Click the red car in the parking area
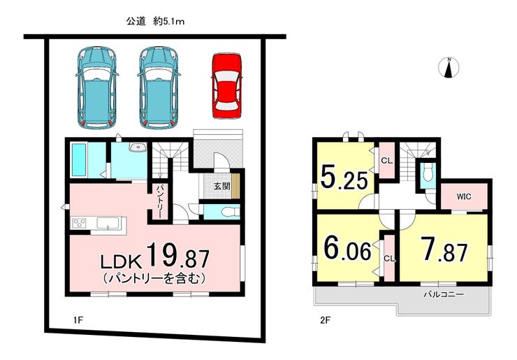(226, 85)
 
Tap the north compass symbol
(449, 68)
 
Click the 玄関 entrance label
(222, 186)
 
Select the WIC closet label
(464, 196)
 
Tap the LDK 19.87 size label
(155, 255)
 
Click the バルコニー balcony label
(444, 294)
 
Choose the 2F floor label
(325, 319)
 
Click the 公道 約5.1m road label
(155, 22)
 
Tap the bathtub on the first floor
(79, 159)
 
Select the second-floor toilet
(428, 173)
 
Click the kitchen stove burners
(80, 223)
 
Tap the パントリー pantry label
(159, 201)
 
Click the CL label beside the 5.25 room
(386, 161)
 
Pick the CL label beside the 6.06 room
(389, 259)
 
